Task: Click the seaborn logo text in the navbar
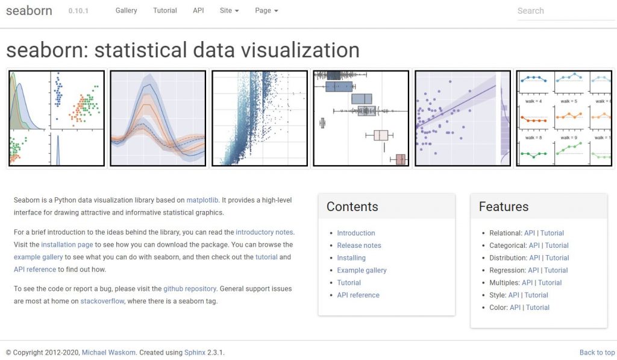pos(29,10)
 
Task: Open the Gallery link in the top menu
pos(126,10)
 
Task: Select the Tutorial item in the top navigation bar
pos(165,10)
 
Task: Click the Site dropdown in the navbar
pos(229,10)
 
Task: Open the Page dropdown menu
pos(266,10)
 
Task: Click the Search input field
pos(565,11)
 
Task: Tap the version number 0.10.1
pos(78,11)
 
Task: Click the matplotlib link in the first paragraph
pos(203,200)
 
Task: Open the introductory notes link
pos(265,232)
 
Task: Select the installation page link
pos(67,245)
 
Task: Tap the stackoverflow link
pos(102,301)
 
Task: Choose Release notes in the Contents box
pos(359,245)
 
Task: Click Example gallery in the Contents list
pos(362,270)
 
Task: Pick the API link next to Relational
pos(530,233)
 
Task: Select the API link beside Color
pos(515,308)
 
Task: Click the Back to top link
pos(597,353)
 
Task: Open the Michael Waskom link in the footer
pos(108,353)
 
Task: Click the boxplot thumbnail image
pos(361,118)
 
